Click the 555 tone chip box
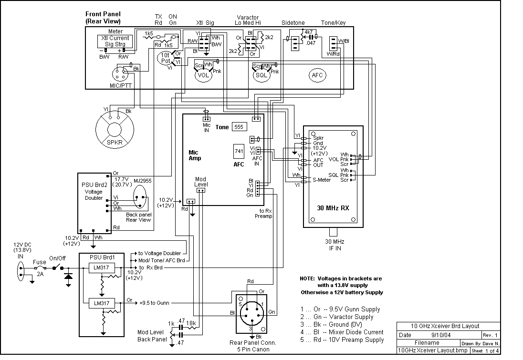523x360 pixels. coord(239,127)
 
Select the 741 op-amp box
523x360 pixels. coord(239,151)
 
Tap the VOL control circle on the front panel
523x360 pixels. coord(203,74)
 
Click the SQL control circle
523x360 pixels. coord(261,75)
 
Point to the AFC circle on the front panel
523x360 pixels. coord(317,75)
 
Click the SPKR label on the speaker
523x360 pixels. coord(115,143)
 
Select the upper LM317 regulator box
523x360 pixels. coord(102,267)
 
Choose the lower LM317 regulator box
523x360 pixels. coord(102,303)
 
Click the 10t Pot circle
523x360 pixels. coord(165,58)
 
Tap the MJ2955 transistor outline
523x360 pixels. coord(140,196)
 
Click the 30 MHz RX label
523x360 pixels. coord(333,208)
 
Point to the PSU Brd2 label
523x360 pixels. coord(94,185)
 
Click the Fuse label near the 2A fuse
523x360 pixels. coord(39,262)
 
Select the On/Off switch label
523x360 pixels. coord(58,258)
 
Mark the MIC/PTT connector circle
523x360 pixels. coord(120,73)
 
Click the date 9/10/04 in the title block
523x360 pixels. coord(441,335)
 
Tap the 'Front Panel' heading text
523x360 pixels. coord(103,14)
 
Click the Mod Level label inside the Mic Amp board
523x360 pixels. coord(201,182)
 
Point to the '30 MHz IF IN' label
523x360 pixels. coord(335,245)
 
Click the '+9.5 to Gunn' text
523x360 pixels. coord(154,303)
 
